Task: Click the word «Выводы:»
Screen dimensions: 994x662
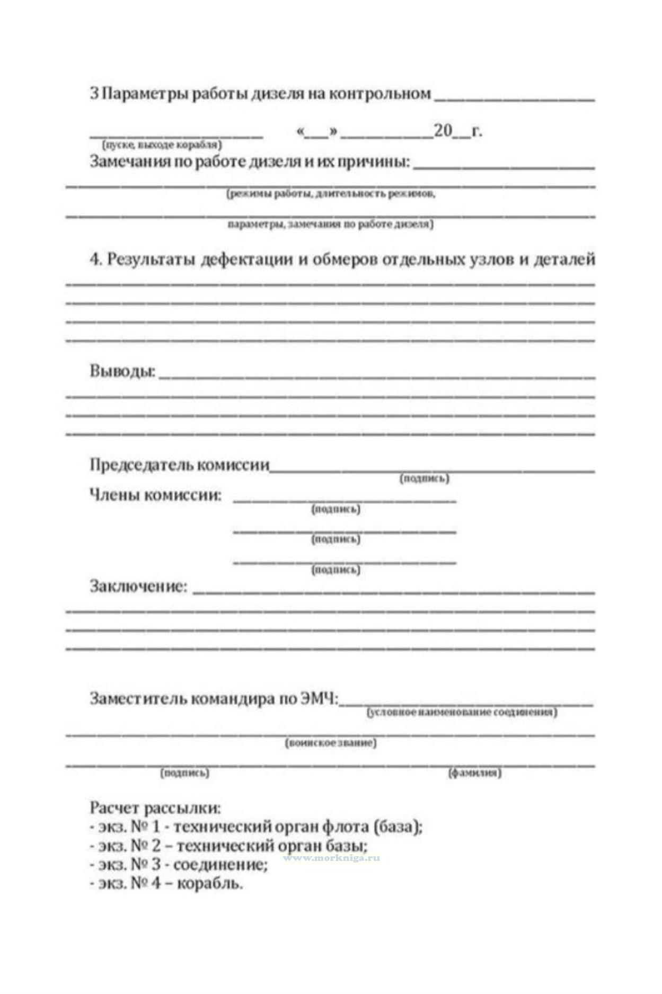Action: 122,370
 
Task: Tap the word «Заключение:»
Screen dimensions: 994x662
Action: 138,586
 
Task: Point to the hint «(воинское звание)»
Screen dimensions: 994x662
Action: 331,743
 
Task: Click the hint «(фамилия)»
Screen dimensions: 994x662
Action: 474,773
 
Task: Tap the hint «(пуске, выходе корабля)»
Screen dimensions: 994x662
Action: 162,145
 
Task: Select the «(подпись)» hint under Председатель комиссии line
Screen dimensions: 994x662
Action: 424,478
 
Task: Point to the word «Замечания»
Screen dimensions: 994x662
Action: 129,161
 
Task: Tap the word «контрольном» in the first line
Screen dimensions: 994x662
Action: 379,94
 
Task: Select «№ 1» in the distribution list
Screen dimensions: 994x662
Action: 145,827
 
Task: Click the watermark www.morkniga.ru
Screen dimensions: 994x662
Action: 331,858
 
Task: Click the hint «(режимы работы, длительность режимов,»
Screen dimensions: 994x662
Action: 331,194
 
